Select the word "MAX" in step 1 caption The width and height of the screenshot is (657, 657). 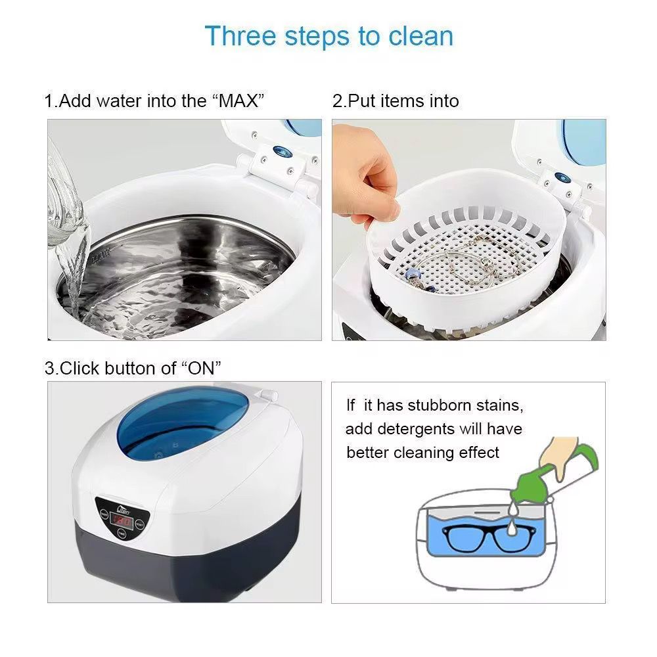tap(238, 101)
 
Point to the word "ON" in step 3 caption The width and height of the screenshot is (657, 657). tap(200, 369)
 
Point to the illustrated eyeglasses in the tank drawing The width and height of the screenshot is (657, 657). tap(488, 538)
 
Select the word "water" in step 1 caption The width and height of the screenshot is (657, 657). tap(114, 101)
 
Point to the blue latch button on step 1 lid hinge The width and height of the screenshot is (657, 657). tap(282, 151)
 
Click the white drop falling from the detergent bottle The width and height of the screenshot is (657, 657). tap(511, 527)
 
